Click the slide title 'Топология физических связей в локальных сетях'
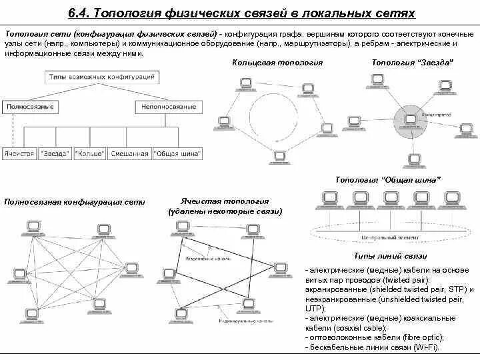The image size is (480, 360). coord(241,13)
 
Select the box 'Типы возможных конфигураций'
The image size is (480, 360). coord(101,78)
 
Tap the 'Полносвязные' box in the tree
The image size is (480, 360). coord(30,106)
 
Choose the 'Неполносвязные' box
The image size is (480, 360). coord(166,106)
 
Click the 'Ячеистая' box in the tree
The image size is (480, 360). coord(19,153)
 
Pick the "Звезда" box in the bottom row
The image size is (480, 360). coord(54,153)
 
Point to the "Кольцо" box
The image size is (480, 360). coord(89,153)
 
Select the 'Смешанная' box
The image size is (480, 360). coord(129,153)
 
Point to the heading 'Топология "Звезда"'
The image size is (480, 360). coord(412,62)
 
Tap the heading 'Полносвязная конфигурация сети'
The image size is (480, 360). coord(75,201)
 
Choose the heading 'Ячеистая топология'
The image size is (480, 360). coord(225,201)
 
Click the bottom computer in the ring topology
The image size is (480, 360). coord(277,158)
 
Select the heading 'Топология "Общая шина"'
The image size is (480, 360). coord(387,180)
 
